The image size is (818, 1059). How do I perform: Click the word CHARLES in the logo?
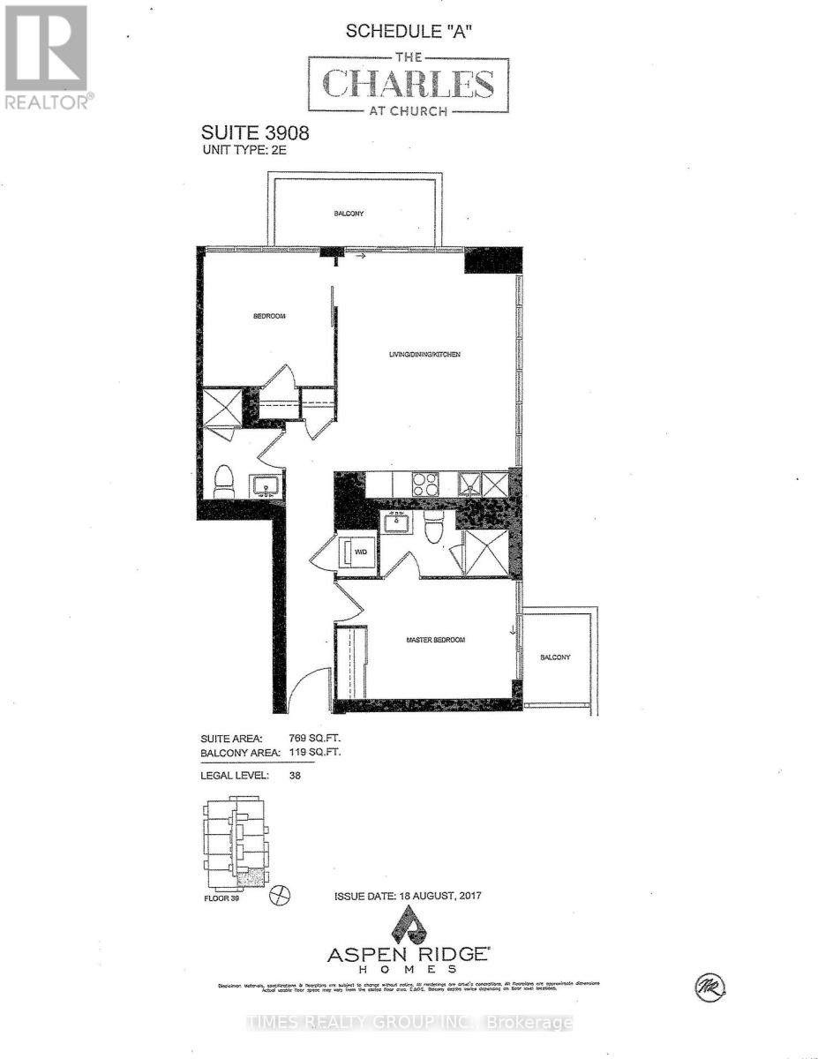[x=408, y=84]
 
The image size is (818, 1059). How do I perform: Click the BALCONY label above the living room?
[x=349, y=214]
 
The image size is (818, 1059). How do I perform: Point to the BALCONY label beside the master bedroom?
[x=556, y=657]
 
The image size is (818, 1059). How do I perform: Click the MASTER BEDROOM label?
[x=435, y=640]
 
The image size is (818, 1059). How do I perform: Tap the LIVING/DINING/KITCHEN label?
[x=425, y=355]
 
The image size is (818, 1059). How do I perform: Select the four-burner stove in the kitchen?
[x=425, y=484]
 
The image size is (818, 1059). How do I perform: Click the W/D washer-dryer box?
[x=359, y=553]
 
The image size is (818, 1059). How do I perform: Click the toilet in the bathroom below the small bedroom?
[x=224, y=480]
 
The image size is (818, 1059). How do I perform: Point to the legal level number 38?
[x=296, y=777]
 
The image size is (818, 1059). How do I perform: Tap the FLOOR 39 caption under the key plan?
[x=221, y=901]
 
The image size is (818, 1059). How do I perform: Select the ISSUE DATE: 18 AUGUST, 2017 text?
[x=408, y=897]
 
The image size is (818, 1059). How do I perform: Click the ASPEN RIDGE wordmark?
[x=409, y=954]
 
